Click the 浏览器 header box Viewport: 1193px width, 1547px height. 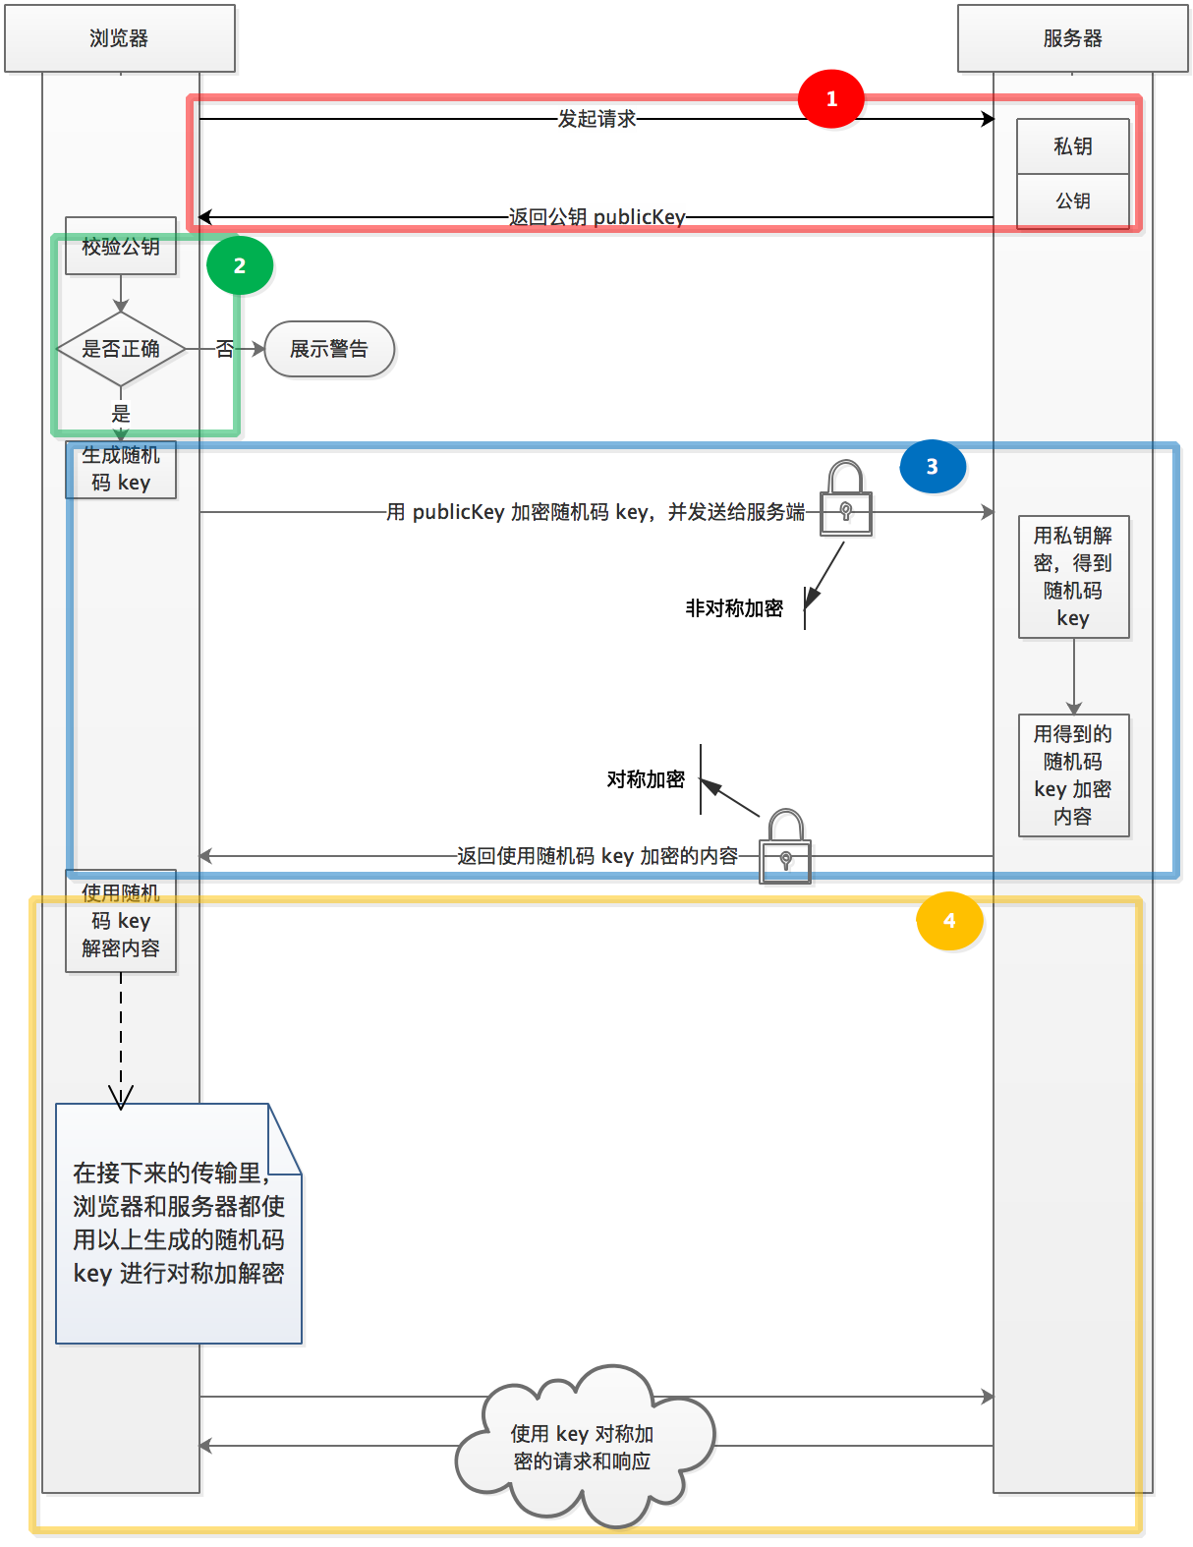click(120, 38)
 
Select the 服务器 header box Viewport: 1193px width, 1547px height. click(1073, 38)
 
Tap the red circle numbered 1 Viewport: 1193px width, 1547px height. click(830, 99)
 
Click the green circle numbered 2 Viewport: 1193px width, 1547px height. click(240, 265)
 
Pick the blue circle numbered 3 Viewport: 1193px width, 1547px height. click(933, 466)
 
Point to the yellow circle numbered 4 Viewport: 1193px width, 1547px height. click(949, 921)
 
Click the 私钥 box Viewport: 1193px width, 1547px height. click(1073, 146)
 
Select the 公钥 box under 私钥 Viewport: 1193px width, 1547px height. click(1073, 201)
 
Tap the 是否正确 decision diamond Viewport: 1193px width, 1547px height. click(121, 349)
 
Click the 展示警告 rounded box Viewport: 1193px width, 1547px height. click(329, 349)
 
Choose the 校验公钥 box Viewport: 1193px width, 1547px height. click(121, 246)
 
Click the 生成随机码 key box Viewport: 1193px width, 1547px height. click(121, 470)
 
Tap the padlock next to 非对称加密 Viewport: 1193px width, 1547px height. click(846, 499)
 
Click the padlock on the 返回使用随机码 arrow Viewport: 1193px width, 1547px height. click(785, 847)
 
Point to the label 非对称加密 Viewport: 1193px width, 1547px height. click(734, 608)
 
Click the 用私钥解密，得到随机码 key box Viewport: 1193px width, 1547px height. click(1073, 577)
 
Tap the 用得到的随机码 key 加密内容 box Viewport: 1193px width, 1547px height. click(1073, 775)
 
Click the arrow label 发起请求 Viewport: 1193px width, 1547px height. click(596, 119)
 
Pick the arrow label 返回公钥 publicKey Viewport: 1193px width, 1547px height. click(596, 217)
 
